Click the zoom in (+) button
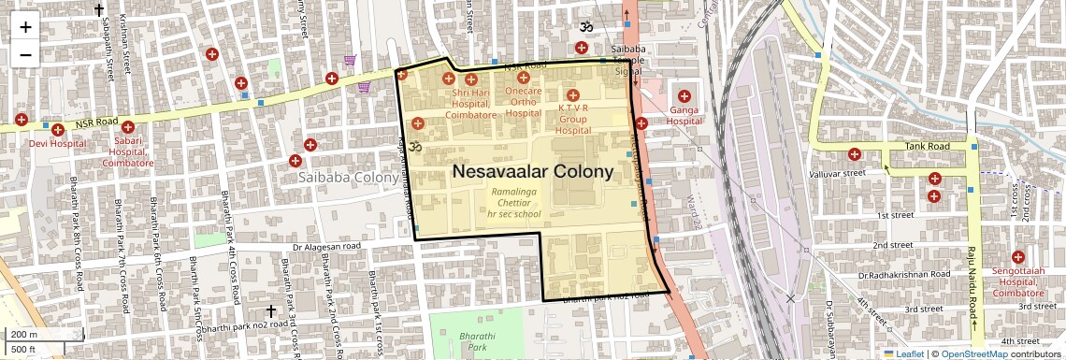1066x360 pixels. (25, 27)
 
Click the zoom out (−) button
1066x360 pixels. (25, 55)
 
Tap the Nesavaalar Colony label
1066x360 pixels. (532, 172)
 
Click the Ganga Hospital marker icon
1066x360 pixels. (684, 96)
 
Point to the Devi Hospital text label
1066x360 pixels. (57, 144)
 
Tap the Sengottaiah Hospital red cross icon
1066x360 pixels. (1018, 257)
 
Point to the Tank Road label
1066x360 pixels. (927, 147)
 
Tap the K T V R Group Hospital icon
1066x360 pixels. (573, 95)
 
